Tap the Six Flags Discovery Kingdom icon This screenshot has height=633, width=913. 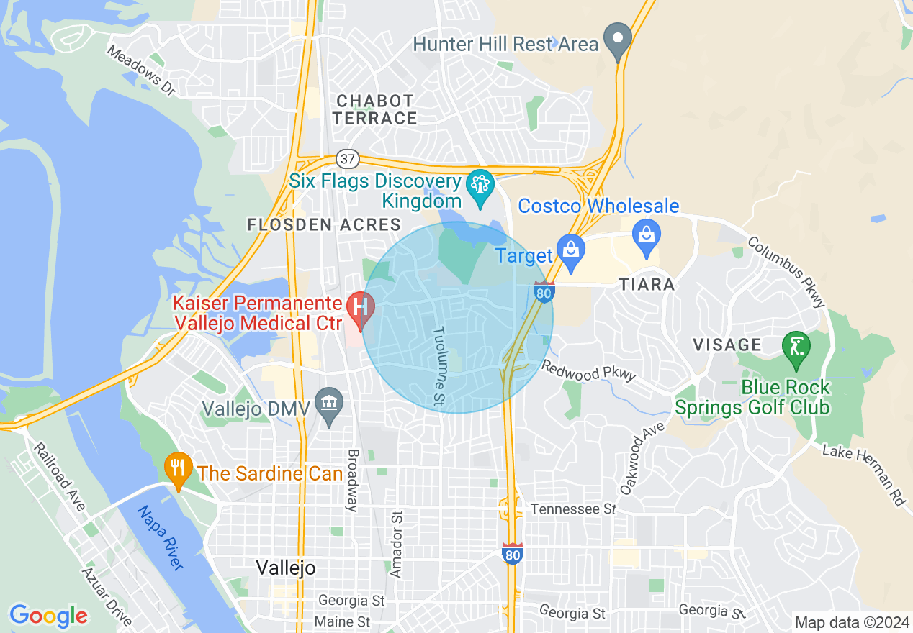[480, 185]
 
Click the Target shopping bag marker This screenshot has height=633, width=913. [572, 252]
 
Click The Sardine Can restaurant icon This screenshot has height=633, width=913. [177, 468]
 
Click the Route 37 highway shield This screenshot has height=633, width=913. [347, 158]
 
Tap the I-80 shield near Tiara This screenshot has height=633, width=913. [544, 293]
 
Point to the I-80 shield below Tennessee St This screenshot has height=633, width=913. [512, 554]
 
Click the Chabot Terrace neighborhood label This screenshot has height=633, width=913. [375, 109]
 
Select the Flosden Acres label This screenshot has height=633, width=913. [324, 225]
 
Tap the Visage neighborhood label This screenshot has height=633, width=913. [727, 345]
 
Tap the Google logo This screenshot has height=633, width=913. [48, 616]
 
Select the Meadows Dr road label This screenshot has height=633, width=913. [141, 70]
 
